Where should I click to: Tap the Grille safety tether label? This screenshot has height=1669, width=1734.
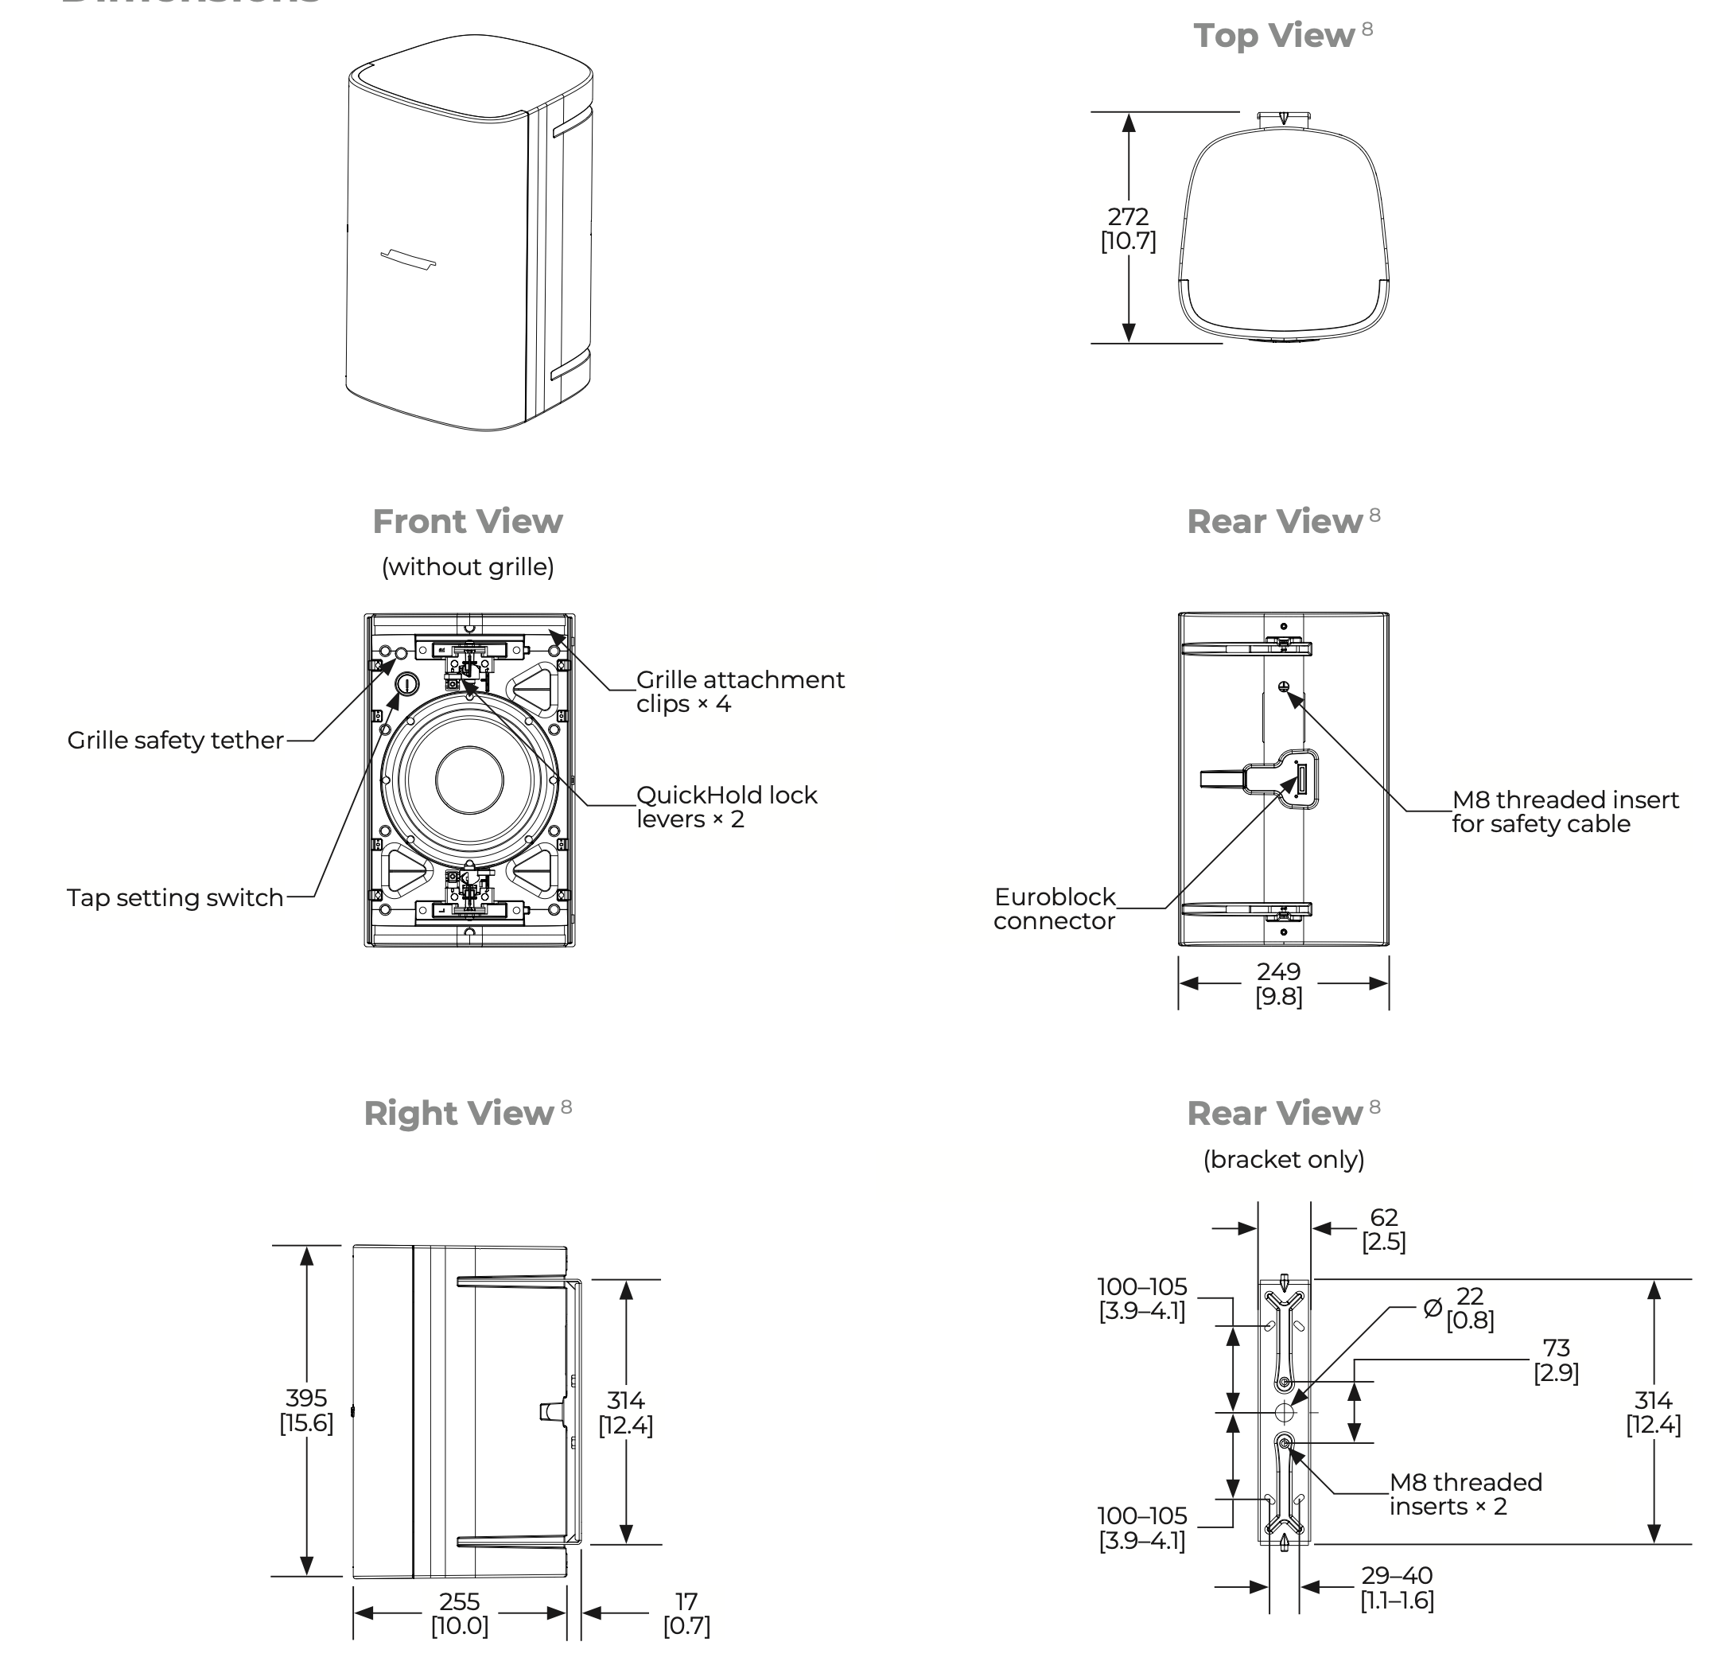click(175, 740)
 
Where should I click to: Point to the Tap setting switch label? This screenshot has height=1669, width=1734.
click(175, 897)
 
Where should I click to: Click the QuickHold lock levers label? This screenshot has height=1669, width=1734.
click(726, 807)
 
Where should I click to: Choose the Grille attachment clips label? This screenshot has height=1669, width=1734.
click(740, 692)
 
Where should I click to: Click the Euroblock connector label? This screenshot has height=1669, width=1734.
click(1055, 908)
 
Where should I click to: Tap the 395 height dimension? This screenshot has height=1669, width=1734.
click(306, 1410)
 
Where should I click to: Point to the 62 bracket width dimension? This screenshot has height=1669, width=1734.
click(1384, 1229)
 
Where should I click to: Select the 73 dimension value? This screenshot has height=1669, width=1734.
click(1556, 1360)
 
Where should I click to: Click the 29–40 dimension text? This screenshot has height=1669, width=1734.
click(1397, 1588)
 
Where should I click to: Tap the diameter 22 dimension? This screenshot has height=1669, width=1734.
click(1460, 1308)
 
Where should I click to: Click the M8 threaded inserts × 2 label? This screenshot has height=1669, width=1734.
click(1465, 1495)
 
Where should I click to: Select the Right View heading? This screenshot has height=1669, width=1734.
click(458, 1113)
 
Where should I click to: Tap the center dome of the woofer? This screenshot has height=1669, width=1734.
click(470, 780)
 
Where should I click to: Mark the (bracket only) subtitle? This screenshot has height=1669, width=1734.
click(1284, 1159)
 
